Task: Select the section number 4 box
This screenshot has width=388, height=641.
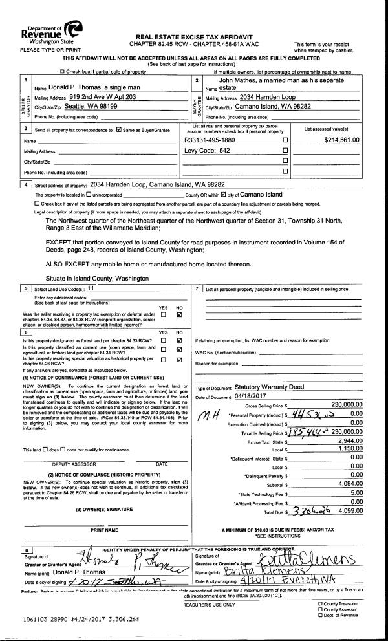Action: click(26, 184)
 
